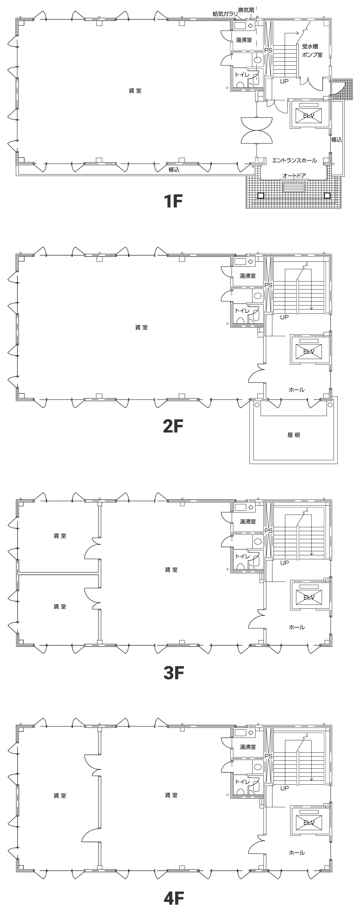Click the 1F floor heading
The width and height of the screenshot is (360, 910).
point(173,201)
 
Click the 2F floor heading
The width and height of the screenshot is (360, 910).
point(173,426)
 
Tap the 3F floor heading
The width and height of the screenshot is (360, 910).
point(173,673)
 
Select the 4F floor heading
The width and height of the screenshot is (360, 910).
point(174,898)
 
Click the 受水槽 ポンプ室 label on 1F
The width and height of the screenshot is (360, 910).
point(312,50)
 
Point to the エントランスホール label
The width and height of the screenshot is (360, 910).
point(295,161)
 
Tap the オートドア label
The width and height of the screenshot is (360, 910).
point(294,176)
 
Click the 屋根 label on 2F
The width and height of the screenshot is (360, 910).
point(294,435)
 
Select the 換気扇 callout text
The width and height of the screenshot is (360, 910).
point(246,10)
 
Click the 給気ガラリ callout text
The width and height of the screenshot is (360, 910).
point(225,14)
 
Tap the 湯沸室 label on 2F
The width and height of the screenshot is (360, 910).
point(247,276)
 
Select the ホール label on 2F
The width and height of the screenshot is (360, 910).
point(297,390)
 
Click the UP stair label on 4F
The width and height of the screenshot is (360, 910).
point(284,788)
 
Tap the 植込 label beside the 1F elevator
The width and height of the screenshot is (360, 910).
point(337,140)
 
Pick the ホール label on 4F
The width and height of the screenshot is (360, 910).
point(297,853)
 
